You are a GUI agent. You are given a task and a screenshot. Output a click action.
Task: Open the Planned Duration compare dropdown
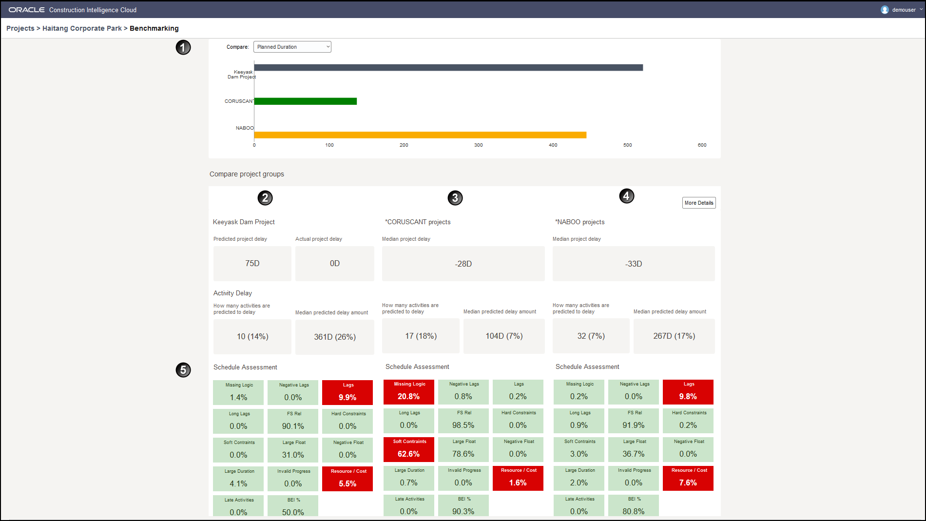(x=292, y=47)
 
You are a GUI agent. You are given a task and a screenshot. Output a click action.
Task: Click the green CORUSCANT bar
(x=305, y=101)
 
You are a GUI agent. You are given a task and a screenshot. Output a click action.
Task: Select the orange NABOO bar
(x=420, y=135)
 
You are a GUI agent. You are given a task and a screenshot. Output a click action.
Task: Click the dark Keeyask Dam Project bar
(x=448, y=68)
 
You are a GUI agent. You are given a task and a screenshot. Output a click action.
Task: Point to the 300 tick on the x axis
(x=478, y=145)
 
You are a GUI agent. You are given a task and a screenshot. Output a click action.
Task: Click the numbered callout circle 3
(x=455, y=198)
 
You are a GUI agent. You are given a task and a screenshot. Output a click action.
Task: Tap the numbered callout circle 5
(x=183, y=370)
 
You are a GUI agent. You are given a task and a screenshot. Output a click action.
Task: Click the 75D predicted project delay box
(x=252, y=264)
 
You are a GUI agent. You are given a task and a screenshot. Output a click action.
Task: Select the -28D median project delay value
(x=463, y=264)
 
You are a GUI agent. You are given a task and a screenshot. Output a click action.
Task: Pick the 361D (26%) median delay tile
(x=334, y=337)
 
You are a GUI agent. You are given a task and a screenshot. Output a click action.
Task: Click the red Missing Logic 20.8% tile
(x=409, y=392)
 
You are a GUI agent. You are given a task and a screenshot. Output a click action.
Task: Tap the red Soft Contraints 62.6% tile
(x=409, y=449)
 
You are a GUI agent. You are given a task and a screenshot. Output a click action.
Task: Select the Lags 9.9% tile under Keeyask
(x=347, y=392)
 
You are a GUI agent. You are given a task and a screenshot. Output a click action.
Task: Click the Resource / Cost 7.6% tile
(x=688, y=478)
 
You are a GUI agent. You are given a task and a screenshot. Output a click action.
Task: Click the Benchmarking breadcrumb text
(x=154, y=28)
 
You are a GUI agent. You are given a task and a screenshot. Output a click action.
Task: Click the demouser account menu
(x=902, y=10)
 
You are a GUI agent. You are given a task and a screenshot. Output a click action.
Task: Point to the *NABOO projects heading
(x=579, y=222)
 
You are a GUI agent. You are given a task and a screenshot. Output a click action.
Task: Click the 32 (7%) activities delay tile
(x=591, y=336)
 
